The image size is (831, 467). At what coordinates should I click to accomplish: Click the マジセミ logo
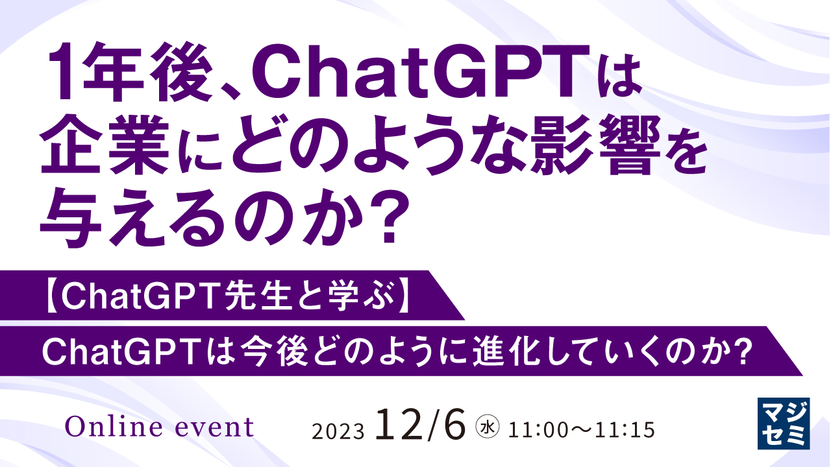point(784,422)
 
